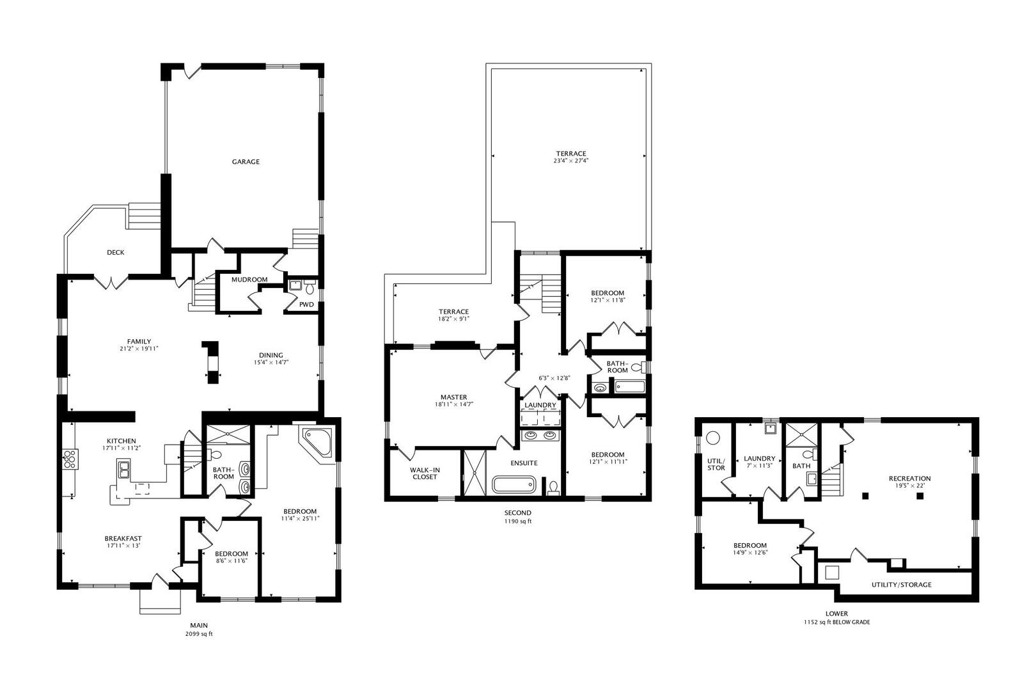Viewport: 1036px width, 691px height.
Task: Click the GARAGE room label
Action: pyautogui.click(x=246, y=162)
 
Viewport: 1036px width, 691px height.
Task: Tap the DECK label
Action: pyautogui.click(x=116, y=253)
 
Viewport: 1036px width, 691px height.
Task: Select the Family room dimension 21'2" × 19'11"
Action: pyautogui.click(x=139, y=349)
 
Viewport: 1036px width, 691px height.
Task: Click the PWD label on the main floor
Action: pyautogui.click(x=307, y=305)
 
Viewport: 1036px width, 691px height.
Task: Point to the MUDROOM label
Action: pyautogui.click(x=249, y=280)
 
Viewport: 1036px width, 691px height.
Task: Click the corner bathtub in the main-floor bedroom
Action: pyautogui.click(x=318, y=442)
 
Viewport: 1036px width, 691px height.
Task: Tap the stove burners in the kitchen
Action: pyautogui.click(x=70, y=459)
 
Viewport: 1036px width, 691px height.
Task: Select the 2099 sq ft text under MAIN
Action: pyautogui.click(x=198, y=634)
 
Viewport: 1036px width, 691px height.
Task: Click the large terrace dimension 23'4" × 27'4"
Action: pyautogui.click(x=571, y=161)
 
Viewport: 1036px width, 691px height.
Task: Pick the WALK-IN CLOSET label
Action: pyautogui.click(x=425, y=473)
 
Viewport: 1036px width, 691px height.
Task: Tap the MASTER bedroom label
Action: pyautogui.click(x=453, y=397)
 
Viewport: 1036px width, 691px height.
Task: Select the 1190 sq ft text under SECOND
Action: pyautogui.click(x=517, y=521)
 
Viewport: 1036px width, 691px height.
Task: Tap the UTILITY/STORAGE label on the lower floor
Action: pyautogui.click(x=901, y=585)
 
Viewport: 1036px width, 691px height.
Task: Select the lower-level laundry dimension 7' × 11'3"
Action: pyautogui.click(x=760, y=466)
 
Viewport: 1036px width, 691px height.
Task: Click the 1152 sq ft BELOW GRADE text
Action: pyautogui.click(x=836, y=622)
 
